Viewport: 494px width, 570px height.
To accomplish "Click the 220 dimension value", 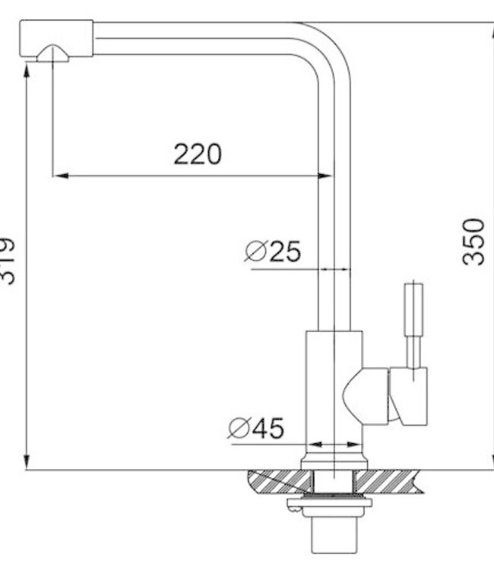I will coord(198,154).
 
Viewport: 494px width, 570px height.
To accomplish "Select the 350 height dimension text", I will coord(474,241).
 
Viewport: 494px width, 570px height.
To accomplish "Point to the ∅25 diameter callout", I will coord(274,251).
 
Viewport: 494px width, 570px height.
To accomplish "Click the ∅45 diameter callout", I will coord(256,429).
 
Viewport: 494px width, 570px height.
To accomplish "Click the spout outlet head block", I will coord(55,38).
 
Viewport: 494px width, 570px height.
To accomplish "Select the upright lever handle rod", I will coord(413,323).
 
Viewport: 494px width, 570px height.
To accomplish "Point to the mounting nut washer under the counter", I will coord(328,502).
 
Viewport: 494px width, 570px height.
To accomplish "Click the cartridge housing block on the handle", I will coord(408,395).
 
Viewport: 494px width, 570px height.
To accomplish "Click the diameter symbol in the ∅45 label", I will coord(238,429).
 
